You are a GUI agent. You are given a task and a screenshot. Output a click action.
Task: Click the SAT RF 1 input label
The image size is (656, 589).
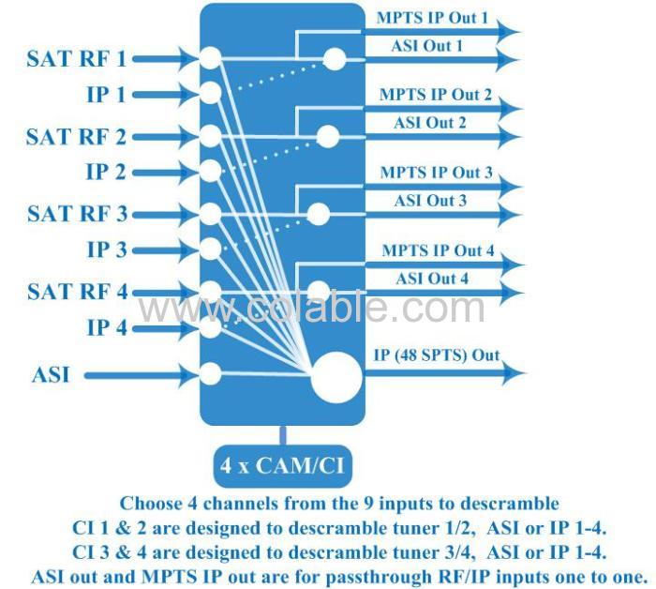pos(77,58)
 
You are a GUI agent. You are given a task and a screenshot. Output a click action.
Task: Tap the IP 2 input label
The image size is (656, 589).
pos(106,172)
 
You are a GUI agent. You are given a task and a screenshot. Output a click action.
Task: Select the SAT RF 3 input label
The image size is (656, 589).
pos(78,214)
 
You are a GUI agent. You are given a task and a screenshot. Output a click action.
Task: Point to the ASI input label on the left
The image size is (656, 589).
pos(51,374)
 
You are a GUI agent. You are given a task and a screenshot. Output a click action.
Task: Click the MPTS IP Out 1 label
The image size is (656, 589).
pos(433,18)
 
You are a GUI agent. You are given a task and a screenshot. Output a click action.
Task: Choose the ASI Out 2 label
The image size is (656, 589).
pos(429,123)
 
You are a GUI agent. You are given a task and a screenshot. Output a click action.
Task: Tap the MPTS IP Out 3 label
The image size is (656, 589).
pos(437,172)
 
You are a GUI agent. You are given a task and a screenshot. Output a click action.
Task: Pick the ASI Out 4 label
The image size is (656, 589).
pos(432,279)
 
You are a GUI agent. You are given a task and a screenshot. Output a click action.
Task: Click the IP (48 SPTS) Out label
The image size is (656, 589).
pos(437,355)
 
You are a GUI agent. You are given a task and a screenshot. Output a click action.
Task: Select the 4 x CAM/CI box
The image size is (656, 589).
pos(283,465)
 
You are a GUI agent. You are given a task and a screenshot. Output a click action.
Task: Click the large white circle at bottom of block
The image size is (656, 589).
pos(336,378)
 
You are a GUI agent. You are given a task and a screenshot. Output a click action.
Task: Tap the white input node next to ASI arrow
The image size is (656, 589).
pos(211,373)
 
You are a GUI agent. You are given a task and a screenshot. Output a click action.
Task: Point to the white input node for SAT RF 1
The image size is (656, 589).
pos(211,58)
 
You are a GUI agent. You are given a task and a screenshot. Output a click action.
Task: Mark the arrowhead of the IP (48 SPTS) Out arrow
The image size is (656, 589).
pos(514,372)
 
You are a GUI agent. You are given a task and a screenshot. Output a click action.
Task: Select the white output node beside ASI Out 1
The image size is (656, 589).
pos(335,59)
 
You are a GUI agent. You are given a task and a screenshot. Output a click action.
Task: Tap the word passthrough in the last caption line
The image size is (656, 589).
pos(379,577)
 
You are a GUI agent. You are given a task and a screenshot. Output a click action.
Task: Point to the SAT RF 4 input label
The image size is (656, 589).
pos(78,292)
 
